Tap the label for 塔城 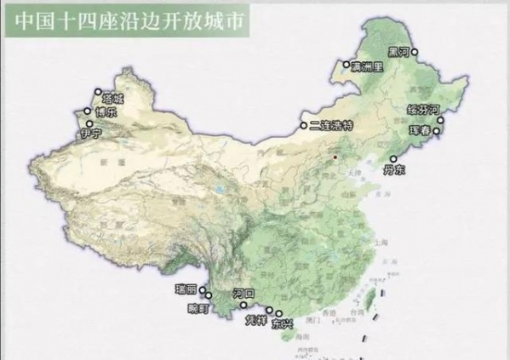pyautogui.click(x=112, y=99)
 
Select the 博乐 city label pyautogui.click(x=105, y=111)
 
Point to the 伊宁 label pyautogui.click(x=89, y=134)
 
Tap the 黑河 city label pyautogui.click(x=398, y=51)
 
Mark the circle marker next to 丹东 pyautogui.click(x=393, y=157)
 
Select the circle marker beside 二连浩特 pyautogui.click(x=302, y=126)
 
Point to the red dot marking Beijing pyautogui.click(x=336, y=157)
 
